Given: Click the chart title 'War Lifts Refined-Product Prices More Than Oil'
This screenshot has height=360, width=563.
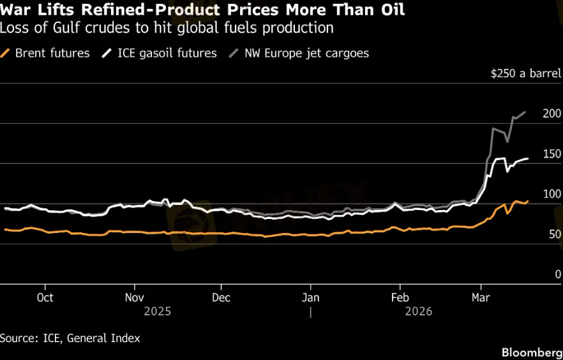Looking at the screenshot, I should coord(202,10).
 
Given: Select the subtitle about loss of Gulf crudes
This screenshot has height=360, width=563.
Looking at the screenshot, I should coord(167,28).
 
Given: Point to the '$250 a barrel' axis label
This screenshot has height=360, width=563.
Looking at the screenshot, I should coord(525,73).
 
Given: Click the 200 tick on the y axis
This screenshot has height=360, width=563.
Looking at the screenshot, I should coord(552,114).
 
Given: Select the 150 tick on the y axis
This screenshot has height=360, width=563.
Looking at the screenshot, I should coord(552,154).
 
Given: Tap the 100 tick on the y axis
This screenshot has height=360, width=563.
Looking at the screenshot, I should coord(552,194).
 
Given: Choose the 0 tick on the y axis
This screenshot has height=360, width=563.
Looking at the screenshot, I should coord(557,274).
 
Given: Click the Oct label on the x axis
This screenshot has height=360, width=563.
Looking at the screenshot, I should coord(45,297).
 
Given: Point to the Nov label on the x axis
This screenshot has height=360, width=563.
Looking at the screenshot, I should coord(134,297).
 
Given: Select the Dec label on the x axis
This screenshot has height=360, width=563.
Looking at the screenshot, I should coord(221,297).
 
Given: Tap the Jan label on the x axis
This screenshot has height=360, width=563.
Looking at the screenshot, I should coord(310,297).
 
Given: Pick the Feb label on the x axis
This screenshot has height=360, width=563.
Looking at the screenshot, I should coord(400,297).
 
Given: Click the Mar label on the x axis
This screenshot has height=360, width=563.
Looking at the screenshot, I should coord(480,297).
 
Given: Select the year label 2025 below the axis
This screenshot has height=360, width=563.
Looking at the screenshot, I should coord(158,311).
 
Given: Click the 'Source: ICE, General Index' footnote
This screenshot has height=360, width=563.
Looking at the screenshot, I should coord(70,338).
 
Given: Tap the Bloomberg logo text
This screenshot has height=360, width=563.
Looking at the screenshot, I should coord(532,352).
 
